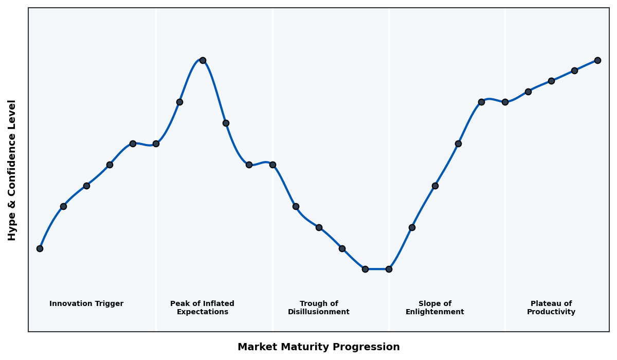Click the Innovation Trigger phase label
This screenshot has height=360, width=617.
[x=86, y=304]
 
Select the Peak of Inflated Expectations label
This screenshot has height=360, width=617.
[x=202, y=308]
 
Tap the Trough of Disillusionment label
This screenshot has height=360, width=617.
[x=319, y=308]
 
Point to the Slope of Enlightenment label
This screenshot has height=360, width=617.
[x=435, y=308]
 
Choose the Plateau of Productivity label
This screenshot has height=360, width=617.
[x=551, y=308]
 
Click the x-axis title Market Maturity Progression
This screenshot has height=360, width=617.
[x=319, y=347]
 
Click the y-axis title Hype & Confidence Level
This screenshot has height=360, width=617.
[x=12, y=170]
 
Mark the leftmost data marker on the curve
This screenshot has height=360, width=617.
[x=40, y=248]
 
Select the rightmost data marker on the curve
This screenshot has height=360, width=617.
[x=597, y=60]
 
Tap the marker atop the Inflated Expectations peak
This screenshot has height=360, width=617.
[x=203, y=60]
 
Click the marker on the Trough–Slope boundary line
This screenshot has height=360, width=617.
[x=389, y=269]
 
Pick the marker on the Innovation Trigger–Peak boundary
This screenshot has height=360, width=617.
[x=156, y=143]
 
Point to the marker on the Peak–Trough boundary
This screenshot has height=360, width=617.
[x=273, y=165]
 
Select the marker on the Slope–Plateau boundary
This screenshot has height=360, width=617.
[x=505, y=102]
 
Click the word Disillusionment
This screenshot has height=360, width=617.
[x=319, y=312]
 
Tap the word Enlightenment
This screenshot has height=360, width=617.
[x=435, y=312]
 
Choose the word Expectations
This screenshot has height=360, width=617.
[x=202, y=312]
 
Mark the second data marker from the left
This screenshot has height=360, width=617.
[x=63, y=206]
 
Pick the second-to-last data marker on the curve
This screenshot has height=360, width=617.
[x=574, y=70]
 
